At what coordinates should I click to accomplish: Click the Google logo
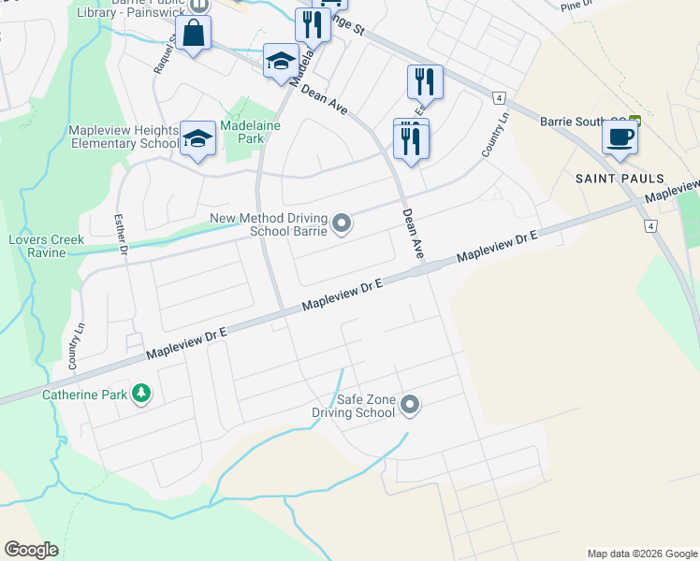tap(32, 550)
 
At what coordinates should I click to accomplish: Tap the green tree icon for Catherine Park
tap(141, 394)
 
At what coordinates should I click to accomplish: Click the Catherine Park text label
tap(84, 395)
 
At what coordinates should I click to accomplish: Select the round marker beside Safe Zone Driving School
tap(410, 405)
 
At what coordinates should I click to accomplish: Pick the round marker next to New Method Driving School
tap(343, 223)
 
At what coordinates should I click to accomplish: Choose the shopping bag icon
tap(193, 34)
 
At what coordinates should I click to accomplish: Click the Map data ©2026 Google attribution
tap(641, 554)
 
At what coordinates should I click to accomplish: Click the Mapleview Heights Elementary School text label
tap(123, 137)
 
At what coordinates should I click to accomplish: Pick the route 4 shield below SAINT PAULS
tap(649, 225)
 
